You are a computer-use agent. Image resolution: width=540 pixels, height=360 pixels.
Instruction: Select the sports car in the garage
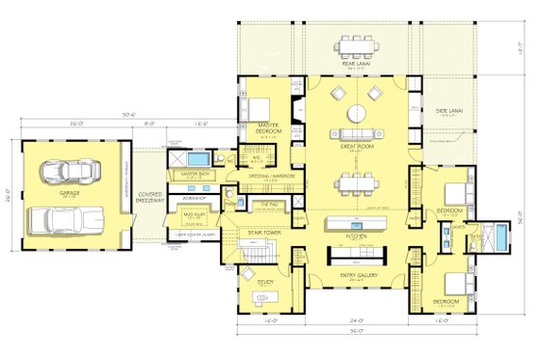point(69,174)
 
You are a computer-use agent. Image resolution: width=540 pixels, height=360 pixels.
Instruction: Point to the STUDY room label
point(265,282)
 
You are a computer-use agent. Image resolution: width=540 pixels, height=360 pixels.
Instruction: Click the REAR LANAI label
point(356,65)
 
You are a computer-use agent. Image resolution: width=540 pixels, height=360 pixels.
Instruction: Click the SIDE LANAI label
point(448,110)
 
